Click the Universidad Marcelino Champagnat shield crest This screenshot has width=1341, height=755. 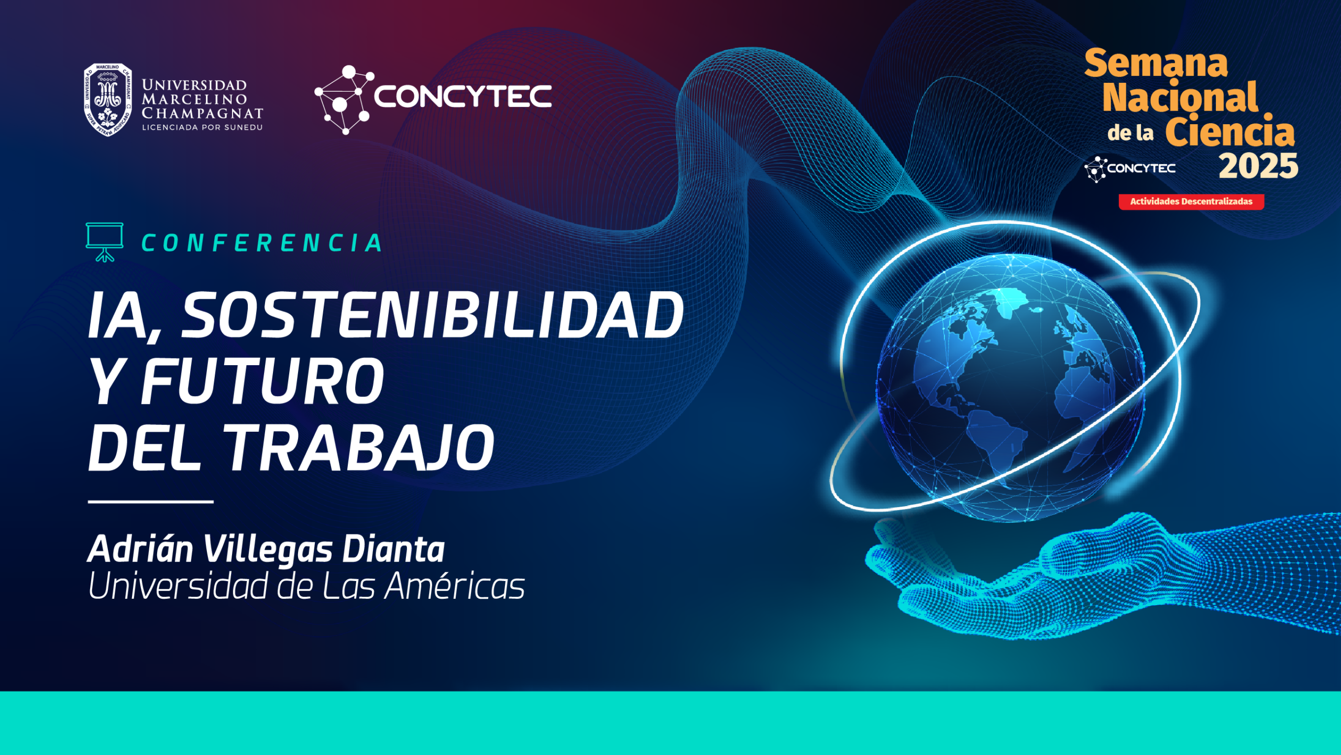pos(107,100)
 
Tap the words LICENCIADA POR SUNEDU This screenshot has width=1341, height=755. pos(202,127)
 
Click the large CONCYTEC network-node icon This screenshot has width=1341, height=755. pos(344,100)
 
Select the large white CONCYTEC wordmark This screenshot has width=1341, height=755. pos(463,96)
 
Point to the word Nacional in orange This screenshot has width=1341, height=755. pos(1180,97)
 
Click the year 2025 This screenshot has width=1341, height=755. pos(1258,166)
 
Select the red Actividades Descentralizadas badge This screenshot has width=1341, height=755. pos(1191,202)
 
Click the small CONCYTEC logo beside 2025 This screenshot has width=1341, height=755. pos(1130,169)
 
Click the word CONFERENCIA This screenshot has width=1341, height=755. pos(262,243)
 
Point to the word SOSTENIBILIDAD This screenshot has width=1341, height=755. pos(432,315)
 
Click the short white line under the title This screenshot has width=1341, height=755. pos(151,502)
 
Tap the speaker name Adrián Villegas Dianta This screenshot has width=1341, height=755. pos(266,549)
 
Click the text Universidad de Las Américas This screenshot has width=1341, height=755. pos(306,586)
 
